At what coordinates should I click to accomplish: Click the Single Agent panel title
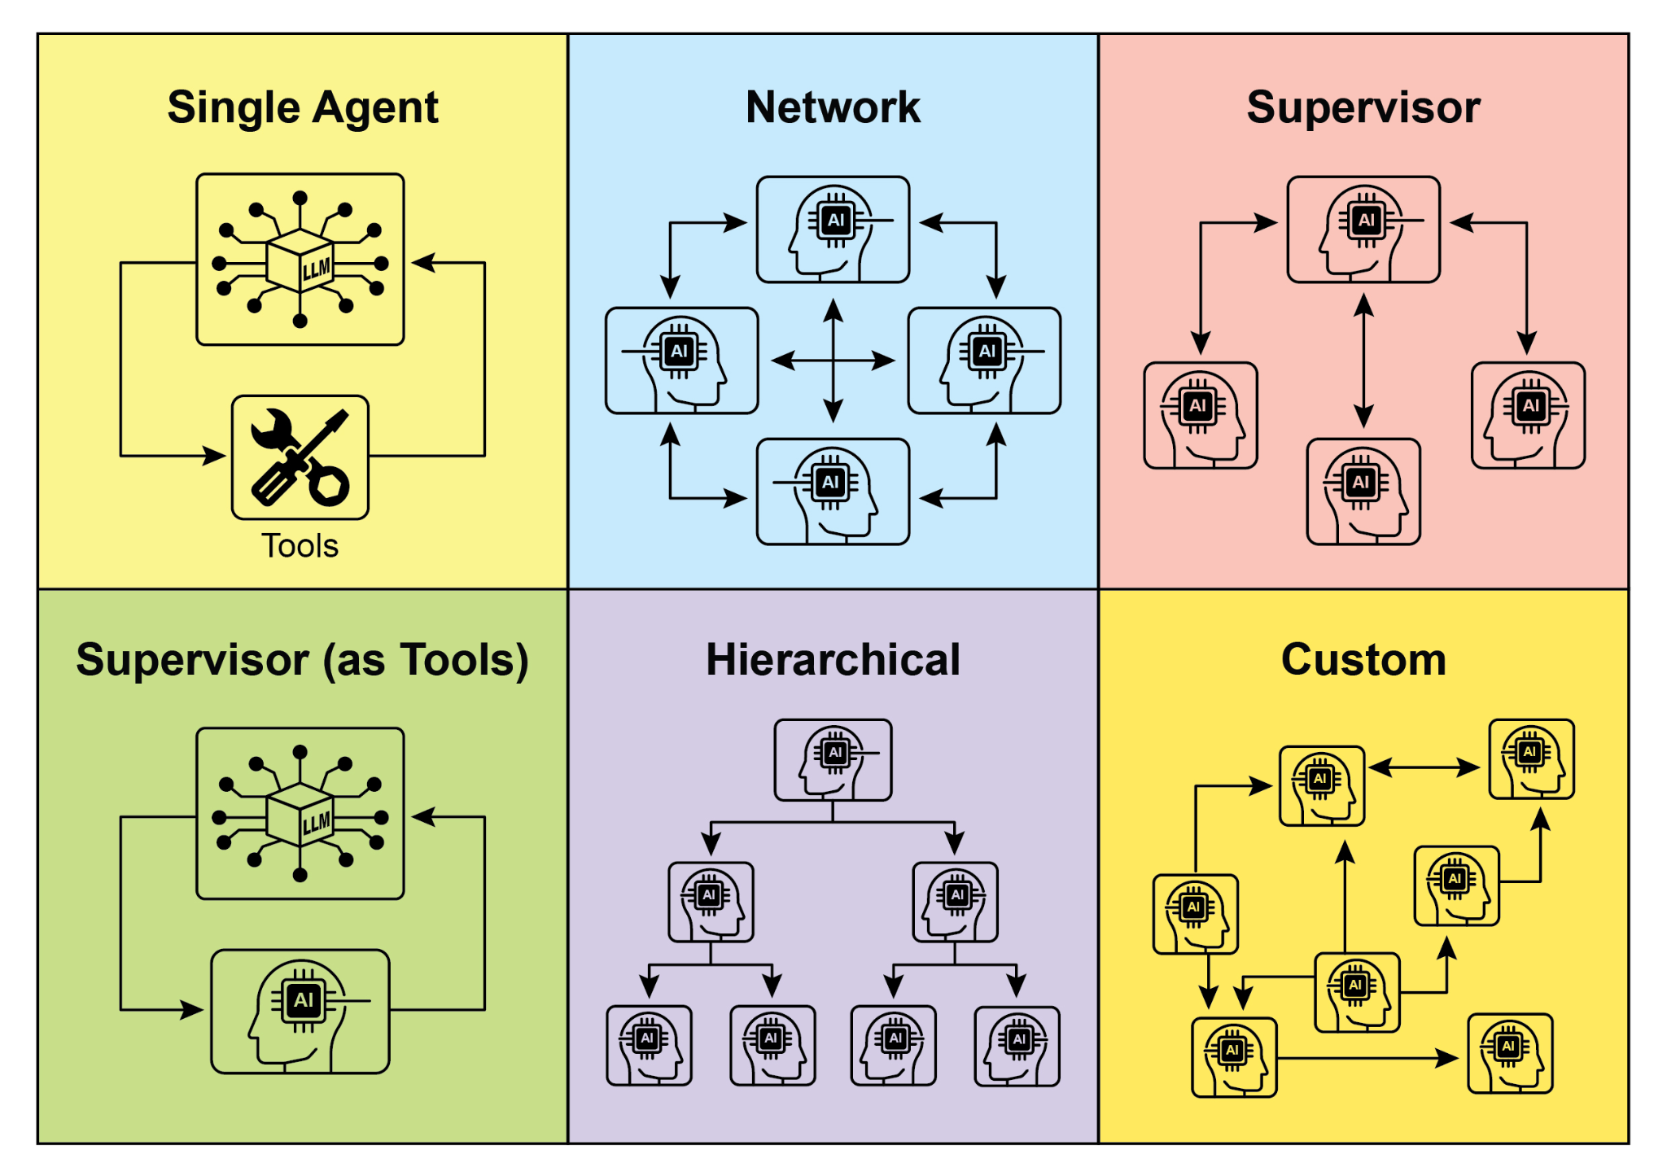[302, 107]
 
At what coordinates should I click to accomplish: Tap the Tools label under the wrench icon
[300, 546]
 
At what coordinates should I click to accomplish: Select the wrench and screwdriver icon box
[300, 457]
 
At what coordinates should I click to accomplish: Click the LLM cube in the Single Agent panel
[300, 260]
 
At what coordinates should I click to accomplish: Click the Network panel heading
[832, 107]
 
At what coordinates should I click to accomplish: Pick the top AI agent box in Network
[832, 230]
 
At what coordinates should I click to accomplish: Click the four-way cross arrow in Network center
[832, 360]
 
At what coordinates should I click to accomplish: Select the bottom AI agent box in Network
[832, 492]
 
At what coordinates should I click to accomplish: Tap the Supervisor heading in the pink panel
[1363, 107]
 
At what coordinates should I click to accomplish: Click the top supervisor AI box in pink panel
[1363, 230]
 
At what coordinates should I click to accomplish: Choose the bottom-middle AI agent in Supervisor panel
[1363, 492]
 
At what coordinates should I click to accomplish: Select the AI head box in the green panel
[300, 1011]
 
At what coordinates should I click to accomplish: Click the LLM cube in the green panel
[300, 815]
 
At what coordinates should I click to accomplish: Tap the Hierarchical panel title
[832, 659]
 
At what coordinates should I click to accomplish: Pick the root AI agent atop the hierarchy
[832, 759]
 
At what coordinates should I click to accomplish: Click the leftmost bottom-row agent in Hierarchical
[649, 1046]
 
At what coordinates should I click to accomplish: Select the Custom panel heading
[1363, 659]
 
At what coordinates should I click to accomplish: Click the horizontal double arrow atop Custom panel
[1424, 767]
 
